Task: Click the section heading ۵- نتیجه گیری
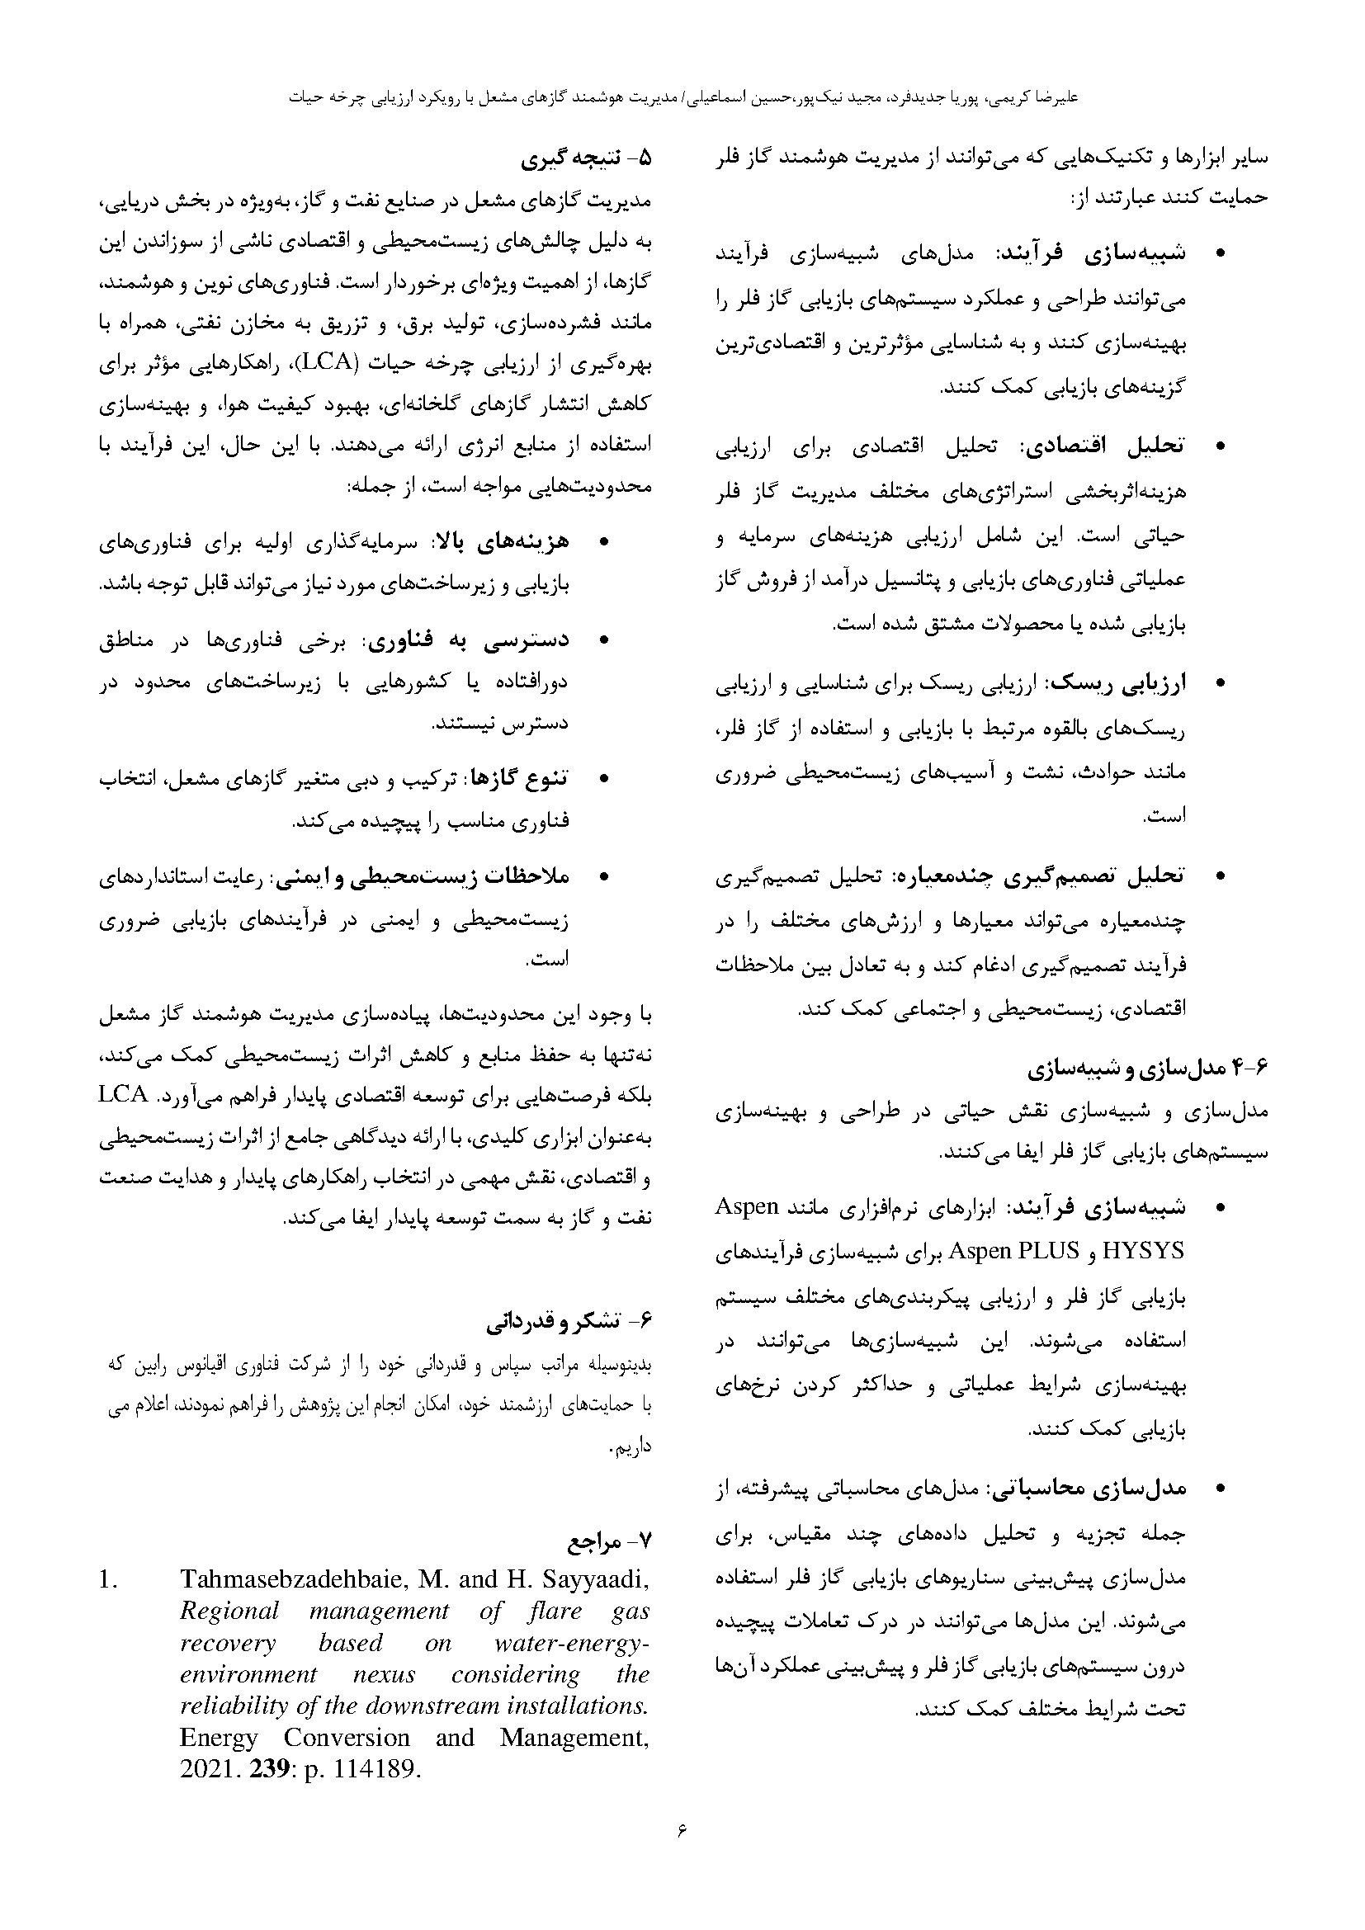(586, 158)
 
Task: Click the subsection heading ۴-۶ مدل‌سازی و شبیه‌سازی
(1146, 1070)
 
